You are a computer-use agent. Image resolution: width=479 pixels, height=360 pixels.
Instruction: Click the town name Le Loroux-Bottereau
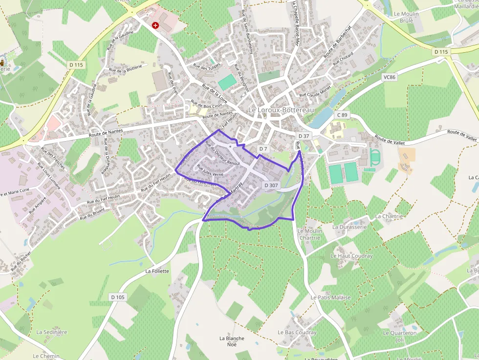click(277, 110)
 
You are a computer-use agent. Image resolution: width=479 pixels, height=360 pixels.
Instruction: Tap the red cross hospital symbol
click(155, 25)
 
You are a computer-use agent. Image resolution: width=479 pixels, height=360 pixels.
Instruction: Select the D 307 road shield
click(271, 186)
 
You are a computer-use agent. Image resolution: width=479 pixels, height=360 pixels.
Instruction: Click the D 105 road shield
click(118, 297)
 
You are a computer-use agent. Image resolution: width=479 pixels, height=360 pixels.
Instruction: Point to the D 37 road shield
click(304, 136)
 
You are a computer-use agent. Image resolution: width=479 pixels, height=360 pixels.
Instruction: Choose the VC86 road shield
click(390, 77)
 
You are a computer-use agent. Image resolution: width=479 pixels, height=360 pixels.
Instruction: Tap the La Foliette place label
click(157, 271)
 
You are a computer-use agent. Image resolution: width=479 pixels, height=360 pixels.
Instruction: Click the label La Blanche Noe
click(232, 341)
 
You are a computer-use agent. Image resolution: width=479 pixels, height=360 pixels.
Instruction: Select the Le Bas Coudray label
click(297, 333)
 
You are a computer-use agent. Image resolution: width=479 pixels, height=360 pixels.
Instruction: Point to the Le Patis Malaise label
click(330, 297)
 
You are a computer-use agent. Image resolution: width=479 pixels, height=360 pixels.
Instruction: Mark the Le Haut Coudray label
click(351, 256)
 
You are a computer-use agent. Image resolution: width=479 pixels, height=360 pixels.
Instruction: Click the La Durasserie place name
click(349, 227)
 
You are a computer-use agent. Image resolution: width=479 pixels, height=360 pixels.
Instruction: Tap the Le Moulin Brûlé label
click(406, 18)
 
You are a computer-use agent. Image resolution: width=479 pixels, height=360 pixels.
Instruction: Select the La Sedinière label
click(52, 332)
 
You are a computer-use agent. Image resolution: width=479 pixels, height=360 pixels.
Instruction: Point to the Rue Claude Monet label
click(315, 91)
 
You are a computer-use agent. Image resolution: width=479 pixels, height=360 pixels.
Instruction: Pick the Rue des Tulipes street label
click(207, 65)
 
